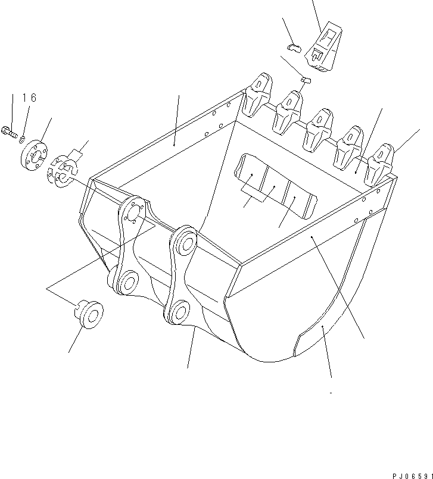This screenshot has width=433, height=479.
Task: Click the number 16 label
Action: tap(29, 98)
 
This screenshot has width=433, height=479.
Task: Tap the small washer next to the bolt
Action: tap(23, 139)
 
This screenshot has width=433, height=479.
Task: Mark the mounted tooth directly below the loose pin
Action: tap(289, 110)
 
